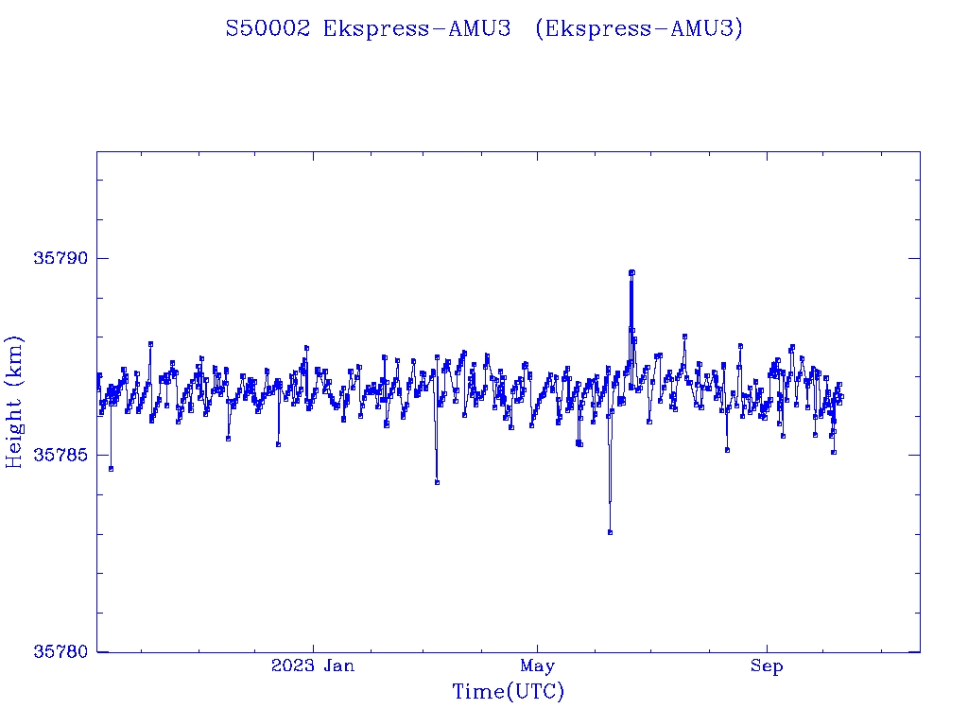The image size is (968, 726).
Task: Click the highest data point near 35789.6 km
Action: click(x=631, y=272)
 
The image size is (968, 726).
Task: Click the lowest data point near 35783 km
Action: click(x=610, y=532)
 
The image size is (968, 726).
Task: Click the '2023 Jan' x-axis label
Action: click(x=313, y=665)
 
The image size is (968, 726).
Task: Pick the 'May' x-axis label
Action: click(x=537, y=665)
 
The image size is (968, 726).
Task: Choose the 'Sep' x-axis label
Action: click(x=767, y=665)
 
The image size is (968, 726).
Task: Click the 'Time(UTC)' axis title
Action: click(x=509, y=692)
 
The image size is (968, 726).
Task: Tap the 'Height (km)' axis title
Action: click(x=14, y=402)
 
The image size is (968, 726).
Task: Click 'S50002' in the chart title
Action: click(x=268, y=28)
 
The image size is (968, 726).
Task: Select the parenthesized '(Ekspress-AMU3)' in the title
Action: click(x=639, y=28)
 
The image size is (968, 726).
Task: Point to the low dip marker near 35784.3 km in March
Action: click(x=437, y=482)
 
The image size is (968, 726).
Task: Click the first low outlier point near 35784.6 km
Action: click(x=111, y=468)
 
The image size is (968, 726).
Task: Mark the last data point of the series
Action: click(x=840, y=396)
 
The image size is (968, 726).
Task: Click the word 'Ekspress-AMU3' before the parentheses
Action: click(x=417, y=28)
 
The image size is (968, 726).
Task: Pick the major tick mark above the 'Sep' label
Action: click(x=767, y=648)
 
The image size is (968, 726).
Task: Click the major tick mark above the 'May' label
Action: click(x=537, y=648)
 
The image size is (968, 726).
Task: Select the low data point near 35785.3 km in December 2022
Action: click(x=278, y=443)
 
